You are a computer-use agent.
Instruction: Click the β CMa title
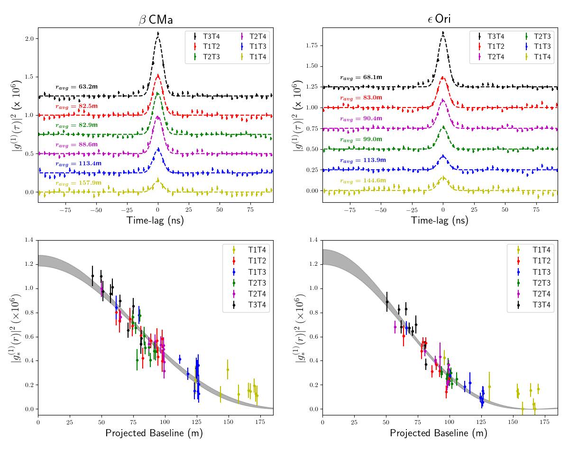[156, 19]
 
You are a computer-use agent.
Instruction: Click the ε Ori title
[439, 19]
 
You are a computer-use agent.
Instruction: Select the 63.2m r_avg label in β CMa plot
[76, 87]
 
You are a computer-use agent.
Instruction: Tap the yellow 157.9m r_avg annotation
[76, 183]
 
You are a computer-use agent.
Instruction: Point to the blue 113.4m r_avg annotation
[76, 163]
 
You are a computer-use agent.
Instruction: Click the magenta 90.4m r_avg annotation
[361, 118]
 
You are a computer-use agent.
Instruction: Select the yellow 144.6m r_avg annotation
[361, 180]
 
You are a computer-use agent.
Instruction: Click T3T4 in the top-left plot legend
[211, 36]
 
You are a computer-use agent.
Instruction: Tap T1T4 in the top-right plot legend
[542, 57]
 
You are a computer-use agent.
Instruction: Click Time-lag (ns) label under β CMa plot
[155, 220]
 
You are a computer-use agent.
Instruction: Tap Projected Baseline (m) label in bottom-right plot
[439, 433]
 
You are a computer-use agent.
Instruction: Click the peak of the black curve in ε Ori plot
[443, 33]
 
